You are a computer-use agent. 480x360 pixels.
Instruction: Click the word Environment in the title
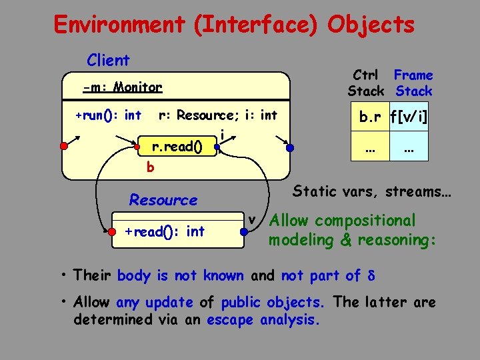(x=119, y=25)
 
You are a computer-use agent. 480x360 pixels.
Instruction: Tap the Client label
(x=108, y=60)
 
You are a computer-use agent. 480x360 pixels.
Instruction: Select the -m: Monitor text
(x=123, y=87)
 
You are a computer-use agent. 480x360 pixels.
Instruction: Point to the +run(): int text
(x=108, y=115)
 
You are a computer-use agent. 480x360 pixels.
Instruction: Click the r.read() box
(x=177, y=146)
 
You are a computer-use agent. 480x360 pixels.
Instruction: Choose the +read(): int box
(x=165, y=231)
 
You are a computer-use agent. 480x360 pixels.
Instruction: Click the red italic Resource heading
(x=163, y=200)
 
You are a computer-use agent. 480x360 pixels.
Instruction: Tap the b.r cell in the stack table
(x=371, y=118)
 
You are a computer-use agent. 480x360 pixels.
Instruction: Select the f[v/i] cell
(x=409, y=118)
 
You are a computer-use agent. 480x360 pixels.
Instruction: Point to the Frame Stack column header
(x=413, y=83)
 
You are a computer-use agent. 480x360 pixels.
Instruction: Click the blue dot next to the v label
(x=245, y=232)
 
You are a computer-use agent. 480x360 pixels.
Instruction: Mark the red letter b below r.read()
(x=150, y=167)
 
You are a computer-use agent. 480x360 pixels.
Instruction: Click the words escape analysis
(x=263, y=319)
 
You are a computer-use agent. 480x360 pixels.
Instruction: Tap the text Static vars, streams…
(x=373, y=192)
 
